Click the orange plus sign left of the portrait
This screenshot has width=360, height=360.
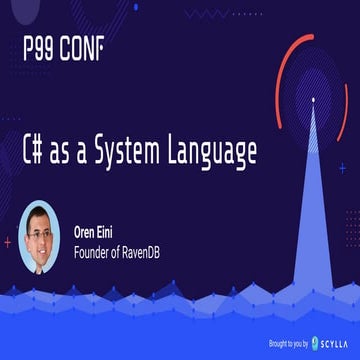pos(8,241)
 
